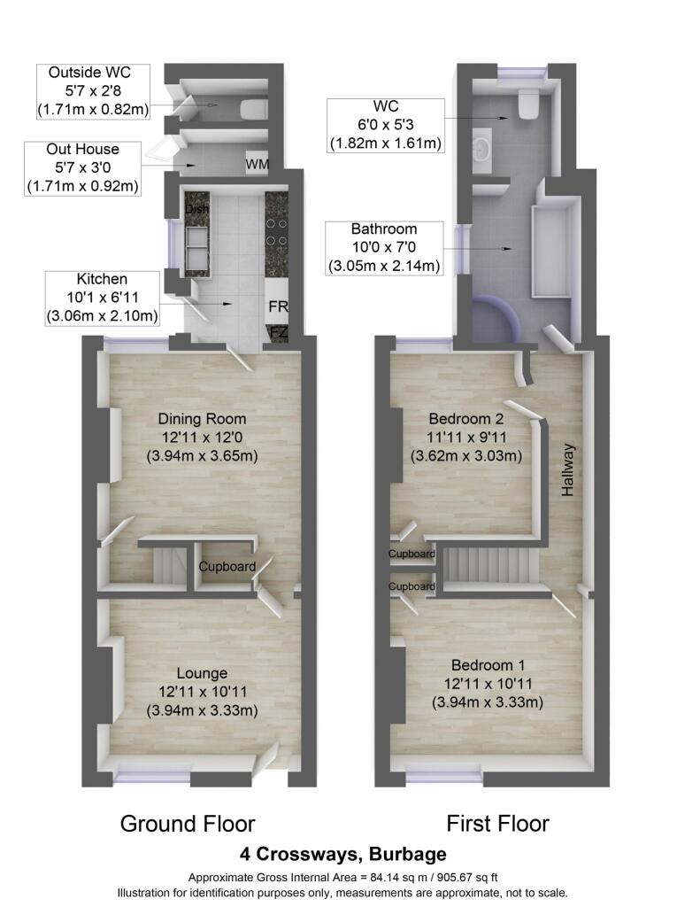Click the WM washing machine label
[258, 164]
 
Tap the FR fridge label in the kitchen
[278, 306]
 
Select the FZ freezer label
[279, 333]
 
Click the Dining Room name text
[203, 419]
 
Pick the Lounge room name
[202, 673]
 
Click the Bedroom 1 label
[488, 665]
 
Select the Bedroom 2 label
[465, 419]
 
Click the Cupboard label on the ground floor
[227, 567]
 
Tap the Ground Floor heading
[188, 824]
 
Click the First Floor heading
[497, 824]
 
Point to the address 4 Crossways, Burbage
[343, 855]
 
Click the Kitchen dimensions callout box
[103, 298]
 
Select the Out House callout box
[82, 168]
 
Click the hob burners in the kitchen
[276, 232]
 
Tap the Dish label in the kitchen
[196, 209]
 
